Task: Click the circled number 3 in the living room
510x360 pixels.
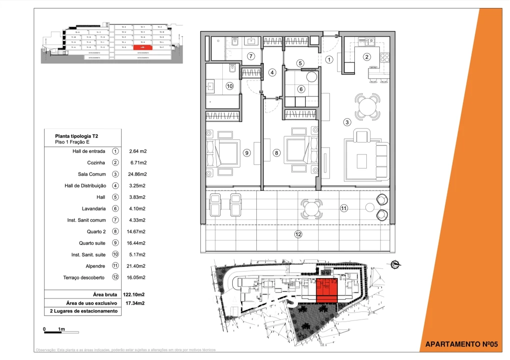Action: pyautogui.click(x=347, y=122)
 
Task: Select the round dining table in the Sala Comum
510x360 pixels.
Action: pyautogui.click(x=368, y=106)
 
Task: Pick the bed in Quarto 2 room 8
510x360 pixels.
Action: pyautogui.click(x=299, y=150)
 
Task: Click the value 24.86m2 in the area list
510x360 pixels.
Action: pyautogui.click(x=137, y=174)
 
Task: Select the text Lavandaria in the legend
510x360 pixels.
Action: pyautogui.click(x=93, y=208)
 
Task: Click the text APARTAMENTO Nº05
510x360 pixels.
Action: pyautogui.click(x=461, y=344)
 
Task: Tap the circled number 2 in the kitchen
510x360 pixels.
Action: pyautogui.click(x=367, y=57)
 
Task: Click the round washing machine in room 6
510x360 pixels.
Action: pyautogui.click(x=312, y=77)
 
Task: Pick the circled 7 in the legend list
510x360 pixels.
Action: pyautogui.click(x=116, y=220)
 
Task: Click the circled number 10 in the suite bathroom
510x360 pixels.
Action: pyautogui.click(x=230, y=86)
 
